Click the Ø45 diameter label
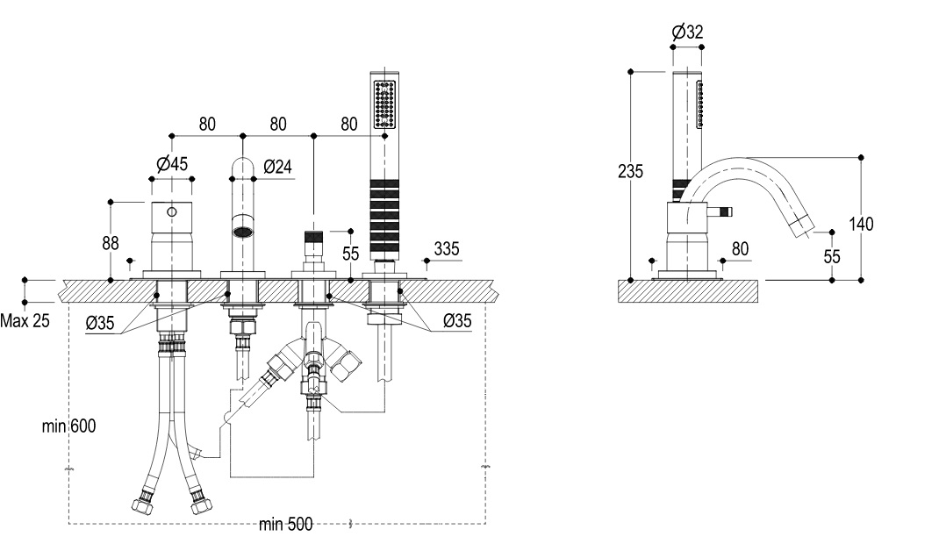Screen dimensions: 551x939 pyautogui.click(x=171, y=163)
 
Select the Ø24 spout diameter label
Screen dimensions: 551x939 pyautogui.click(x=276, y=166)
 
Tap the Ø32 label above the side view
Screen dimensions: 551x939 pyautogui.click(x=688, y=32)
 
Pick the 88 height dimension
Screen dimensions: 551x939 pyautogui.click(x=110, y=242)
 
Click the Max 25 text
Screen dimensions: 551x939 pyautogui.click(x=25, y=320)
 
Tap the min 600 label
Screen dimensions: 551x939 pyautogui.click(x=68, y=426)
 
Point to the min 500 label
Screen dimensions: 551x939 pyautogui.click(x=285, y=526)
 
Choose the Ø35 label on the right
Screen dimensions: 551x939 pyautogui.click(x=457, y=321)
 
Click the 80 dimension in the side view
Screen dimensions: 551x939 pyautogui.click(x=740, y=248)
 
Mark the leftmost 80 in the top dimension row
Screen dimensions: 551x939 pyautogui.click(x=206, y=125)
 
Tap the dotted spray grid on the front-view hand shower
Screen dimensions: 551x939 pyautogui.click(x=383, y=105)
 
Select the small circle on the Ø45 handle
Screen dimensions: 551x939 pyautogui.click(x=173, y=211)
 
